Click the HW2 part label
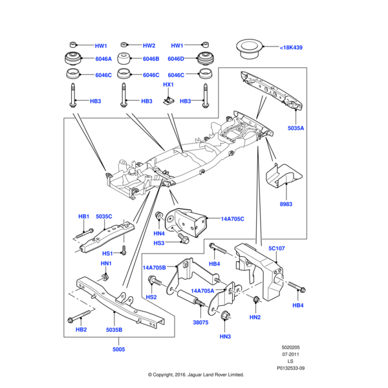[149, 46]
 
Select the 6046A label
[103, 59]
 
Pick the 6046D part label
[176, 59]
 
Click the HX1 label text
[168, 85]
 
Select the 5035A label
[296, 128]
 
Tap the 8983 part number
[286, 204]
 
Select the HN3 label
[224, 336]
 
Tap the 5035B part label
[114, 330]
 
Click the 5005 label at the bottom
[118, 349]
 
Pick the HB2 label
[81, 330]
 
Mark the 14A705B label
[155, 267]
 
